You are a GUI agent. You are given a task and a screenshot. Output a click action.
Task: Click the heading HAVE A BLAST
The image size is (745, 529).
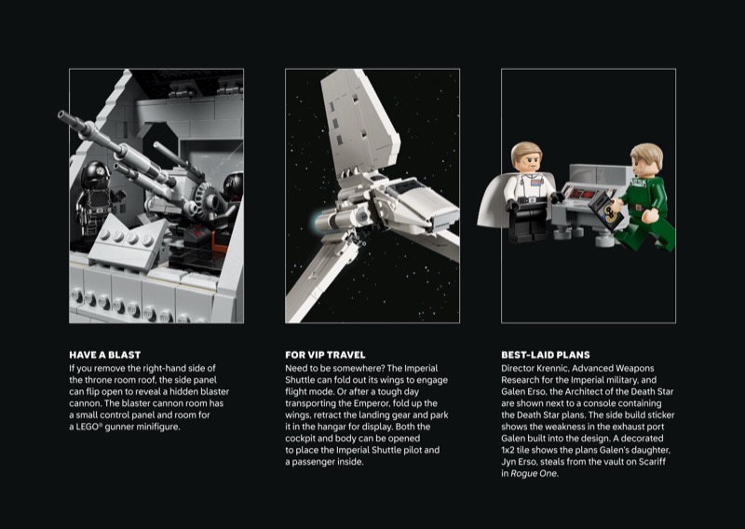[104, 355]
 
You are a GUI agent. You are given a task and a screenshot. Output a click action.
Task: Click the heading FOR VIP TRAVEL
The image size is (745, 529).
[325, 355]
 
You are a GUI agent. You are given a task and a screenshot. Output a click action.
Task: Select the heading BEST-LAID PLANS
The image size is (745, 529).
[546, 355]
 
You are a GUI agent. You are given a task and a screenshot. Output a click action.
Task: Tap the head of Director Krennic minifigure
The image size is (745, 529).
[526, 158]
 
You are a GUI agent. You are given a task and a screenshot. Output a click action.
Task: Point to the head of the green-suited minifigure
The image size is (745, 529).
[646, 160]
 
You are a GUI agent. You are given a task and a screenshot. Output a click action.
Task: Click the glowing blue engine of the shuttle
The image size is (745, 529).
[318, 222]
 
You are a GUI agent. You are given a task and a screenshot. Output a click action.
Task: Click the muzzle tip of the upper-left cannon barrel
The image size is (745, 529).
[61, 115]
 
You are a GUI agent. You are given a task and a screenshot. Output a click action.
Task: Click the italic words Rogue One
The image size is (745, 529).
[534, 473]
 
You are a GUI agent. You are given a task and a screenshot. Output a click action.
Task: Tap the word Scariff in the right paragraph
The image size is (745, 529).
[652, 462]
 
